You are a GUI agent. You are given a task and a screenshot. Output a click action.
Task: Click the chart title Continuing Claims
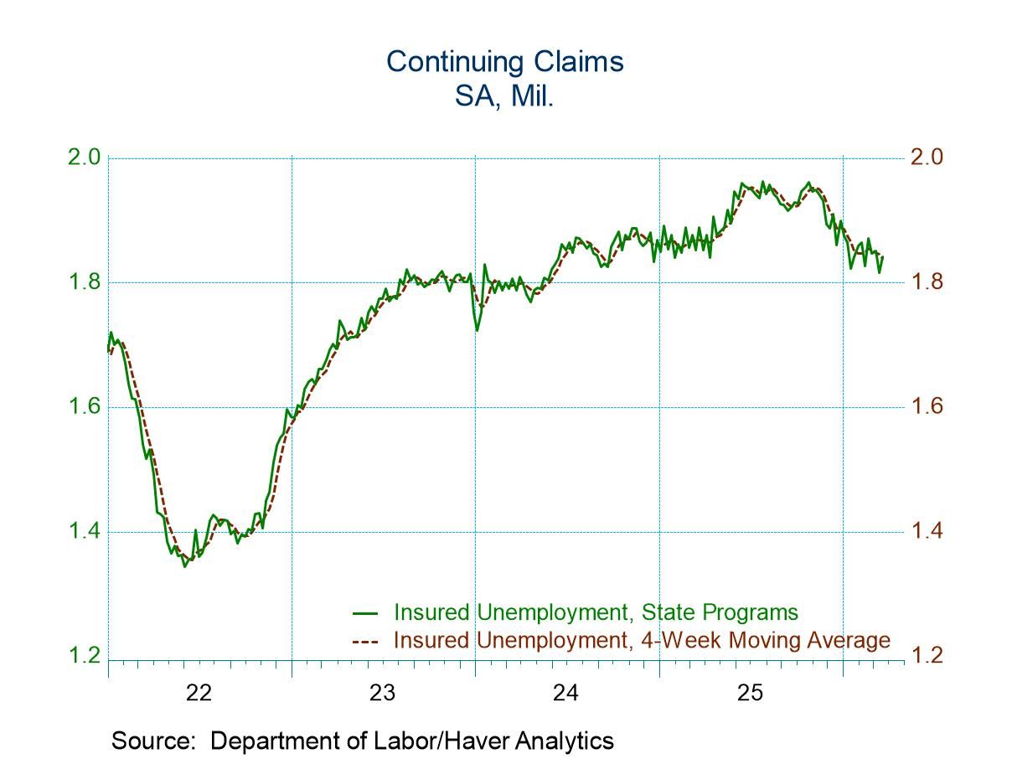504,62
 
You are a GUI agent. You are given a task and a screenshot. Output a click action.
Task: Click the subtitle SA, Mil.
504,96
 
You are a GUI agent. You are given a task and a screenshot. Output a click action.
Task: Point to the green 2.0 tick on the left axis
84,157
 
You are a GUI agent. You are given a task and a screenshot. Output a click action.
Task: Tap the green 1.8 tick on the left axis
84,282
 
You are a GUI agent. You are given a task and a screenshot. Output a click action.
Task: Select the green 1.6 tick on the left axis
84,407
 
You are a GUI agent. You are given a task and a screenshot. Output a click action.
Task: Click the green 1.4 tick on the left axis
84,532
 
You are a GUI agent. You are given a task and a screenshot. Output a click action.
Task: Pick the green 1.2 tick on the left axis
84,657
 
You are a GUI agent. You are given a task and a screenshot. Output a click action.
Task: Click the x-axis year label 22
199,694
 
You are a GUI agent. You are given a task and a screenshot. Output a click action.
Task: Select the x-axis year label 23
383,694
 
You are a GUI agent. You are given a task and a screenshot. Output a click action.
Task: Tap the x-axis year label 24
566,694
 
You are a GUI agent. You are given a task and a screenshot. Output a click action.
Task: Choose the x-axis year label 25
750,694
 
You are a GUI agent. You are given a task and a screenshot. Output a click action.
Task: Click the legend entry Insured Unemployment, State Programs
595,612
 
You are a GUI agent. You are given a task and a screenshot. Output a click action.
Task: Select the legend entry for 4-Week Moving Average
642,641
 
